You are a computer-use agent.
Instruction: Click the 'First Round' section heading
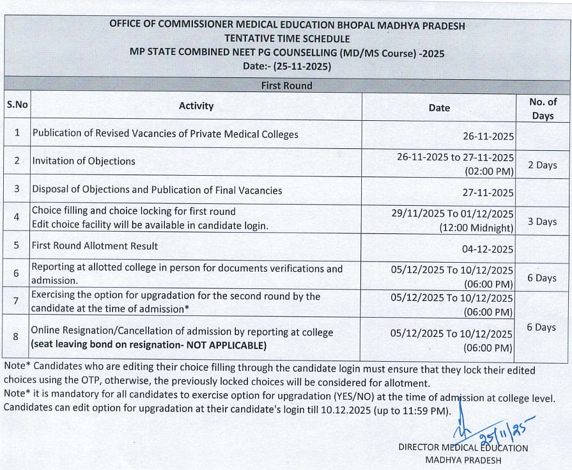286,86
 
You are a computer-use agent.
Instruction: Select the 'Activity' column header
196,106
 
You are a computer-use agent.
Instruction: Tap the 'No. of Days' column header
543,109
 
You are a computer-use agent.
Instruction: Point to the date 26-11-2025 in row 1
488,136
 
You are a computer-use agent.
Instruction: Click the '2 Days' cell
542,165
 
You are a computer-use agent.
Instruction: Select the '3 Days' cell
542,222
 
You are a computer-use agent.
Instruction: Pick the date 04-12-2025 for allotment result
488,249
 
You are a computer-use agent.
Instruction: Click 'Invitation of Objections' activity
84,161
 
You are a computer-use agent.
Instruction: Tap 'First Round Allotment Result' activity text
95,246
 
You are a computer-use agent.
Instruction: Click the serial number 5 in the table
17,246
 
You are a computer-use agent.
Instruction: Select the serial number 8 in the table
17,335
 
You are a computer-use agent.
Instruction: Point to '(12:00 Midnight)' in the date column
476,228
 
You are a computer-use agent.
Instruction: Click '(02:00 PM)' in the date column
489,171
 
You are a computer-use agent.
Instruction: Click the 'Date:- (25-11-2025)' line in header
286,66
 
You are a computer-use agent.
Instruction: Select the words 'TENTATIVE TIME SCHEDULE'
286,39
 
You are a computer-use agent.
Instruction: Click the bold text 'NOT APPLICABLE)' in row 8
227,346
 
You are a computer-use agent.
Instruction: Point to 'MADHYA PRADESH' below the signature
463,460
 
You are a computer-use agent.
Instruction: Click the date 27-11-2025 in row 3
488,192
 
